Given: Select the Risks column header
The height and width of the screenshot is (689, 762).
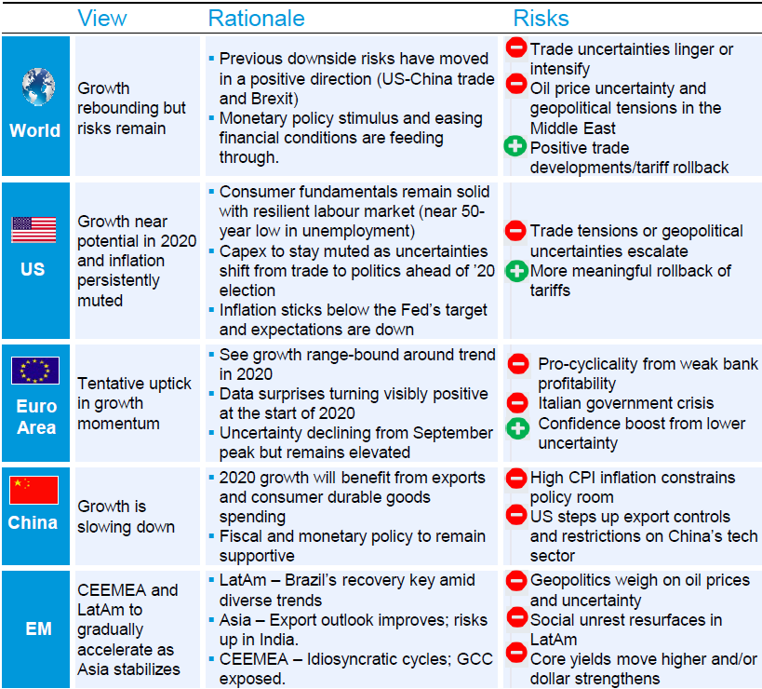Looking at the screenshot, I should pyautogui.click(x=541, y=18).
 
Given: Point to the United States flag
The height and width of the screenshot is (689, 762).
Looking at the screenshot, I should pyautogui.click(x=33, y=229).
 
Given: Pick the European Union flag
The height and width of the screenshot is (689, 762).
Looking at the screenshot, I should pyautogui.click(x=34, y=371).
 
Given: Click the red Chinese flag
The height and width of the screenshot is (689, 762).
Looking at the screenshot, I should pyautogui.click(x=33, y=490).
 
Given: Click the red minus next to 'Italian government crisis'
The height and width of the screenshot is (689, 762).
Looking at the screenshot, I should pyautogui.click(x=517, y=403).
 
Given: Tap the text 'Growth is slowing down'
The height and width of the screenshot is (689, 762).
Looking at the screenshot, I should pyautogui.click(x=126, y=517).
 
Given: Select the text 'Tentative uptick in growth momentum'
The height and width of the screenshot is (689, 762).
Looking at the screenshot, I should pyautogui.click(x=134, y=403).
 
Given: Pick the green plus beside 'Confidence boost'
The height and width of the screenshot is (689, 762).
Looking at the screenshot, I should pyautogui.click(x=517, y=428).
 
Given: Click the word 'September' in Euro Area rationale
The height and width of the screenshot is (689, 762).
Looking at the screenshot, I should pyautogui.click(x=450, y=433).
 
